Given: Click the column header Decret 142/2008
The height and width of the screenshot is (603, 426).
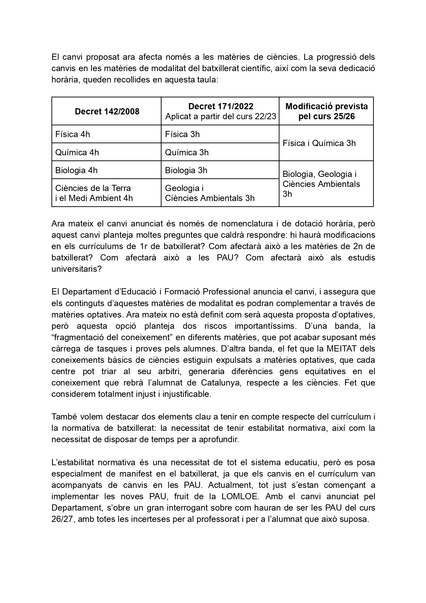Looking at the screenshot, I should tap(107, 111).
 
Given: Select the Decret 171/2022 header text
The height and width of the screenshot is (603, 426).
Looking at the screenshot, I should tap(221, 106).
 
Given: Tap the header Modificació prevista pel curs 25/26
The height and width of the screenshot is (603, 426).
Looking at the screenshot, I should tap(326, 111).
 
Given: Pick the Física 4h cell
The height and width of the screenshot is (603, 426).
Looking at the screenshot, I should tap(73, 134).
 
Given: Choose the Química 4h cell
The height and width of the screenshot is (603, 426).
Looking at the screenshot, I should tap(77, 152).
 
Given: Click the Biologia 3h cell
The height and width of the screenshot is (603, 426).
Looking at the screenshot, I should tap(186, 170).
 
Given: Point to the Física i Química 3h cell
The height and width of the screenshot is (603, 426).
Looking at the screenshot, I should tap(319, 143).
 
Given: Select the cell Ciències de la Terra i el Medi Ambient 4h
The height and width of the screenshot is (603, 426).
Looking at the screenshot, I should tap(94, 193).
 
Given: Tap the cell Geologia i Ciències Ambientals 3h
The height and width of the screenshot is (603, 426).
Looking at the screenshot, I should tap(210, 193).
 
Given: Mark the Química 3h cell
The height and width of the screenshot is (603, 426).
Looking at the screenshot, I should tap(187, 152).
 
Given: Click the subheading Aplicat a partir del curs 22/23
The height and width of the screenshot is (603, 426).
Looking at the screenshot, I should tap(221, 116).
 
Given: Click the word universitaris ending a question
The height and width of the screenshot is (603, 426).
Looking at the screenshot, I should tap(76, 269).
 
